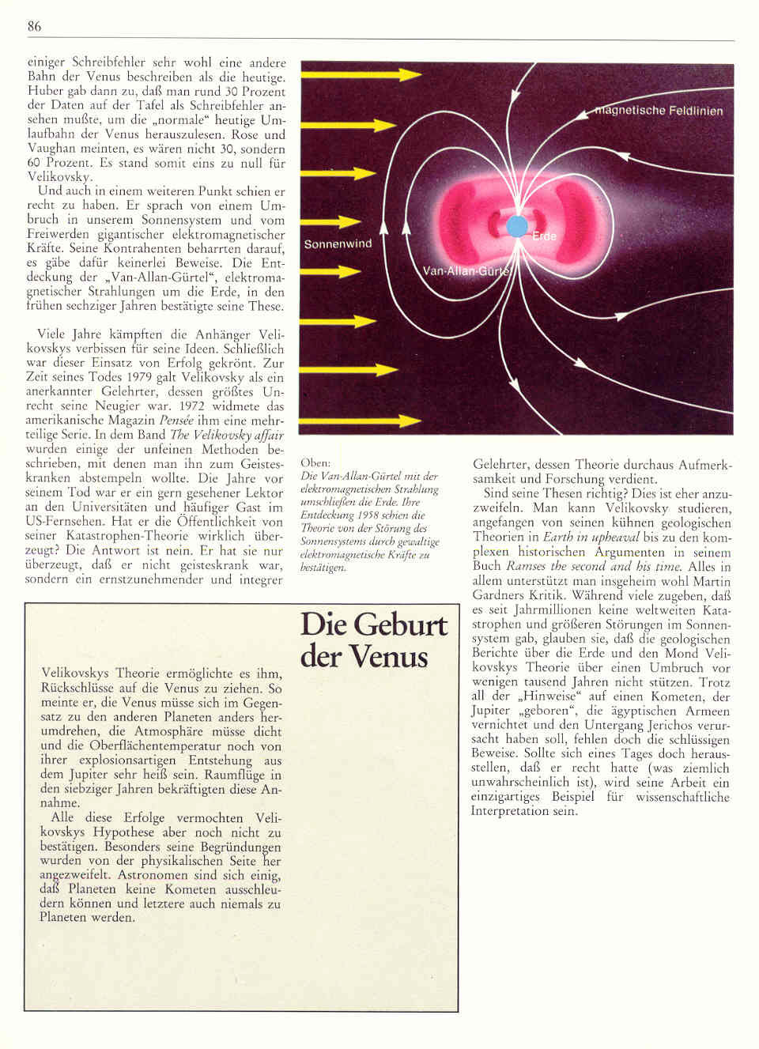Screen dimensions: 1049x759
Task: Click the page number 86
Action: pyautogui.click(x=34, y=26)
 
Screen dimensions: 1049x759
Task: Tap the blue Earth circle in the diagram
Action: pyautogui.click(x=516, y=226)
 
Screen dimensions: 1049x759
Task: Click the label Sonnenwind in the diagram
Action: pyautogui.click(x=338, y=243)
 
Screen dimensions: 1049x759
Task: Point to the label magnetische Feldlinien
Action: pyautogui.click(x=659, y=111)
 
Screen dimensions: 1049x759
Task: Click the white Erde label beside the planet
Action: pyautogui.click(x=544, y=236)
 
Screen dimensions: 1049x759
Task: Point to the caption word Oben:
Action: pyautogui.click(x=315, y=462)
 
